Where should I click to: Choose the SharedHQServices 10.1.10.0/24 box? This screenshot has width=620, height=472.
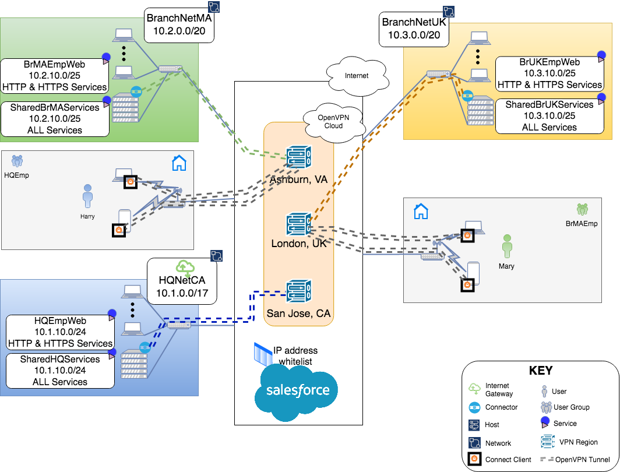pos(61,371)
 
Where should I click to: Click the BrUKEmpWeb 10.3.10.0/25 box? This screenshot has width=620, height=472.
pos(549,73)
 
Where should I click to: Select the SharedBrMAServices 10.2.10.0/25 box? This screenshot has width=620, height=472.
pos(55,118)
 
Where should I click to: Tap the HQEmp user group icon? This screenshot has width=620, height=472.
pos(17,160)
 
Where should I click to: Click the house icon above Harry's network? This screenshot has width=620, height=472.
pos(179,163)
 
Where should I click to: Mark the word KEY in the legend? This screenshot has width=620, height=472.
pos(540,371)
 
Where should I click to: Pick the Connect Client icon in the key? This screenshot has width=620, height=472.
pos(475,460)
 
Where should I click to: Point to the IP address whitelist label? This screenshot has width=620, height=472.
pos(295,356)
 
